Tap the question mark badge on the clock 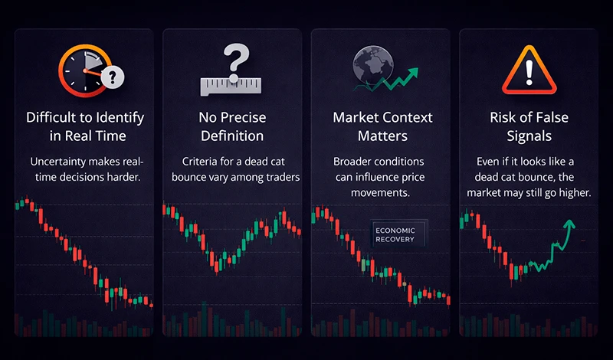[113, 77]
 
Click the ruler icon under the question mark [231, 86]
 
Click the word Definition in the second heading [231, 136]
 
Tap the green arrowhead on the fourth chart [569, 224]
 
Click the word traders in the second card [281, 178]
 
